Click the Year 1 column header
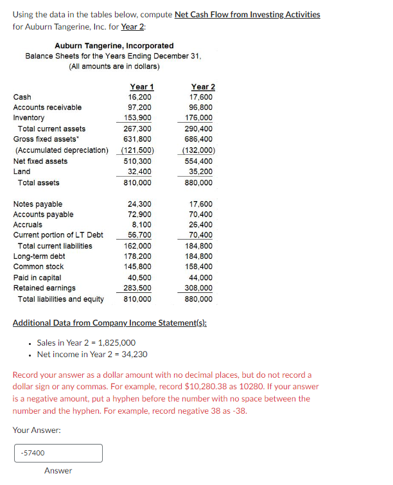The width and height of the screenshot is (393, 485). tap(141, 87)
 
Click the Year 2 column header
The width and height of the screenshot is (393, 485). tap(203, 87)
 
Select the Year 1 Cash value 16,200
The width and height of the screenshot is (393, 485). tap(141, 97)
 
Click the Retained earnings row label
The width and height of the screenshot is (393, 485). tap(44, 288)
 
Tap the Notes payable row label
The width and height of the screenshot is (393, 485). tap(38, 204)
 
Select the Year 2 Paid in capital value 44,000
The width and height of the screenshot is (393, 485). tap(204, 278)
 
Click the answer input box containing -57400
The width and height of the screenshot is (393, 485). tap(58, 453)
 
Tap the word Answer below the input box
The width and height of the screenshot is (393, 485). tap(58, 471)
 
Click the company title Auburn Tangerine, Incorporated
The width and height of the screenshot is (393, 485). tap(114, 46)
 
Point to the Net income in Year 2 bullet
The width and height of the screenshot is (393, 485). tap(92, 354)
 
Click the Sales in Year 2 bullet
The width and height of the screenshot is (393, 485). tap(86, 342)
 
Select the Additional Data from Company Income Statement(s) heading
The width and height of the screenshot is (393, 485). tap(109, 322)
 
